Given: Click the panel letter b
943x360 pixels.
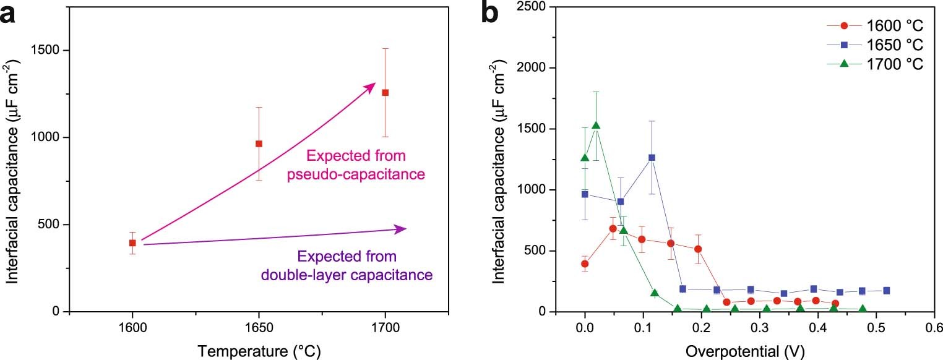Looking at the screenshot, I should click(493, 14).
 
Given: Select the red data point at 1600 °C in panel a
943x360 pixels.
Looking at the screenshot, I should click(132, 243).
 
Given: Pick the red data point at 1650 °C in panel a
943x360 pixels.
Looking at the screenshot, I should click(259, 144).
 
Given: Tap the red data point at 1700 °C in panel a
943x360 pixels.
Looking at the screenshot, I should click(385, 92).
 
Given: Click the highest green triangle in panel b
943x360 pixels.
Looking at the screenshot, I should click(596, 126).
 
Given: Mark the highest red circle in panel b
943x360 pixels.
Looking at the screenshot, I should click(613, 228).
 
